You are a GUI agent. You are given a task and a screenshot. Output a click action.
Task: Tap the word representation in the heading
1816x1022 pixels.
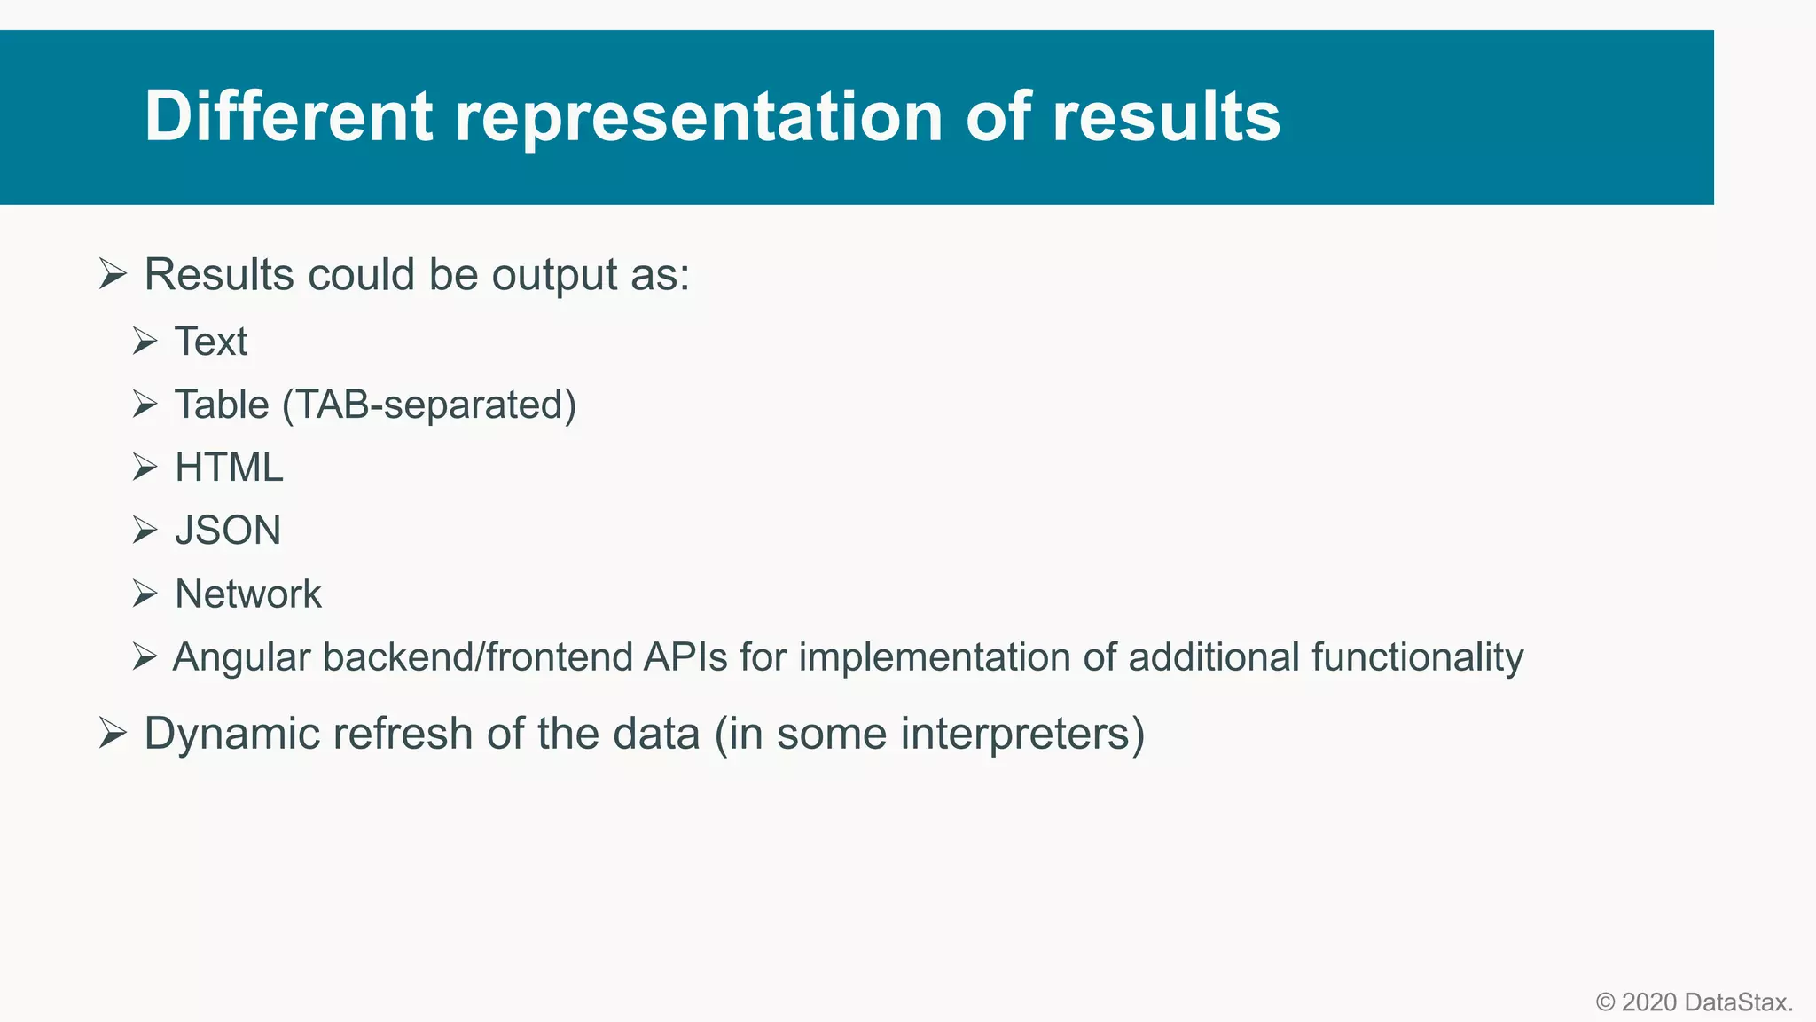point(699,116)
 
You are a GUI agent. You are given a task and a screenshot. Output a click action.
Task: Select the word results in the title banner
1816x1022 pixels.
point(1165,116)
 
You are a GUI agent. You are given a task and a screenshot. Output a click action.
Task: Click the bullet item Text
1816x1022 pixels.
point(210,342)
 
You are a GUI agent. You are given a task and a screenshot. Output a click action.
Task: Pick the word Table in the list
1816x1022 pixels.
point(222,405)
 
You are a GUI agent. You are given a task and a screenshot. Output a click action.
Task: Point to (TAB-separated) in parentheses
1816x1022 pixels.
point(429,405)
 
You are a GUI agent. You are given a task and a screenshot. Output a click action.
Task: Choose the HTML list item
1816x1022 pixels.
point(229,468)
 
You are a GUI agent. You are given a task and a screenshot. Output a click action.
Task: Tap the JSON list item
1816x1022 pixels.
point(228,531)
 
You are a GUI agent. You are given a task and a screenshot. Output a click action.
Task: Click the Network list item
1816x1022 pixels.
point(248,594)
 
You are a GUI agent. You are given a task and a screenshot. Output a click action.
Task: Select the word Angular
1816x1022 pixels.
point(241,658)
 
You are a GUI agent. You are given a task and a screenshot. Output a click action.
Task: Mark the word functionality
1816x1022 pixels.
point(1417,657)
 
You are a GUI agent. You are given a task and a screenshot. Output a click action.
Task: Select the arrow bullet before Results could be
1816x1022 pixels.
point(113,273)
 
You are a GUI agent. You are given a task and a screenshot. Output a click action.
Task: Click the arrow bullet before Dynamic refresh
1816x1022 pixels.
point(113,733)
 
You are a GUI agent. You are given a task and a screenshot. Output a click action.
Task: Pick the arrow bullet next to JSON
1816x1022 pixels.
point(145,530)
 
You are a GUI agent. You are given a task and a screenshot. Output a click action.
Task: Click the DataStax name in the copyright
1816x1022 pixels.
point(1738,1002)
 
